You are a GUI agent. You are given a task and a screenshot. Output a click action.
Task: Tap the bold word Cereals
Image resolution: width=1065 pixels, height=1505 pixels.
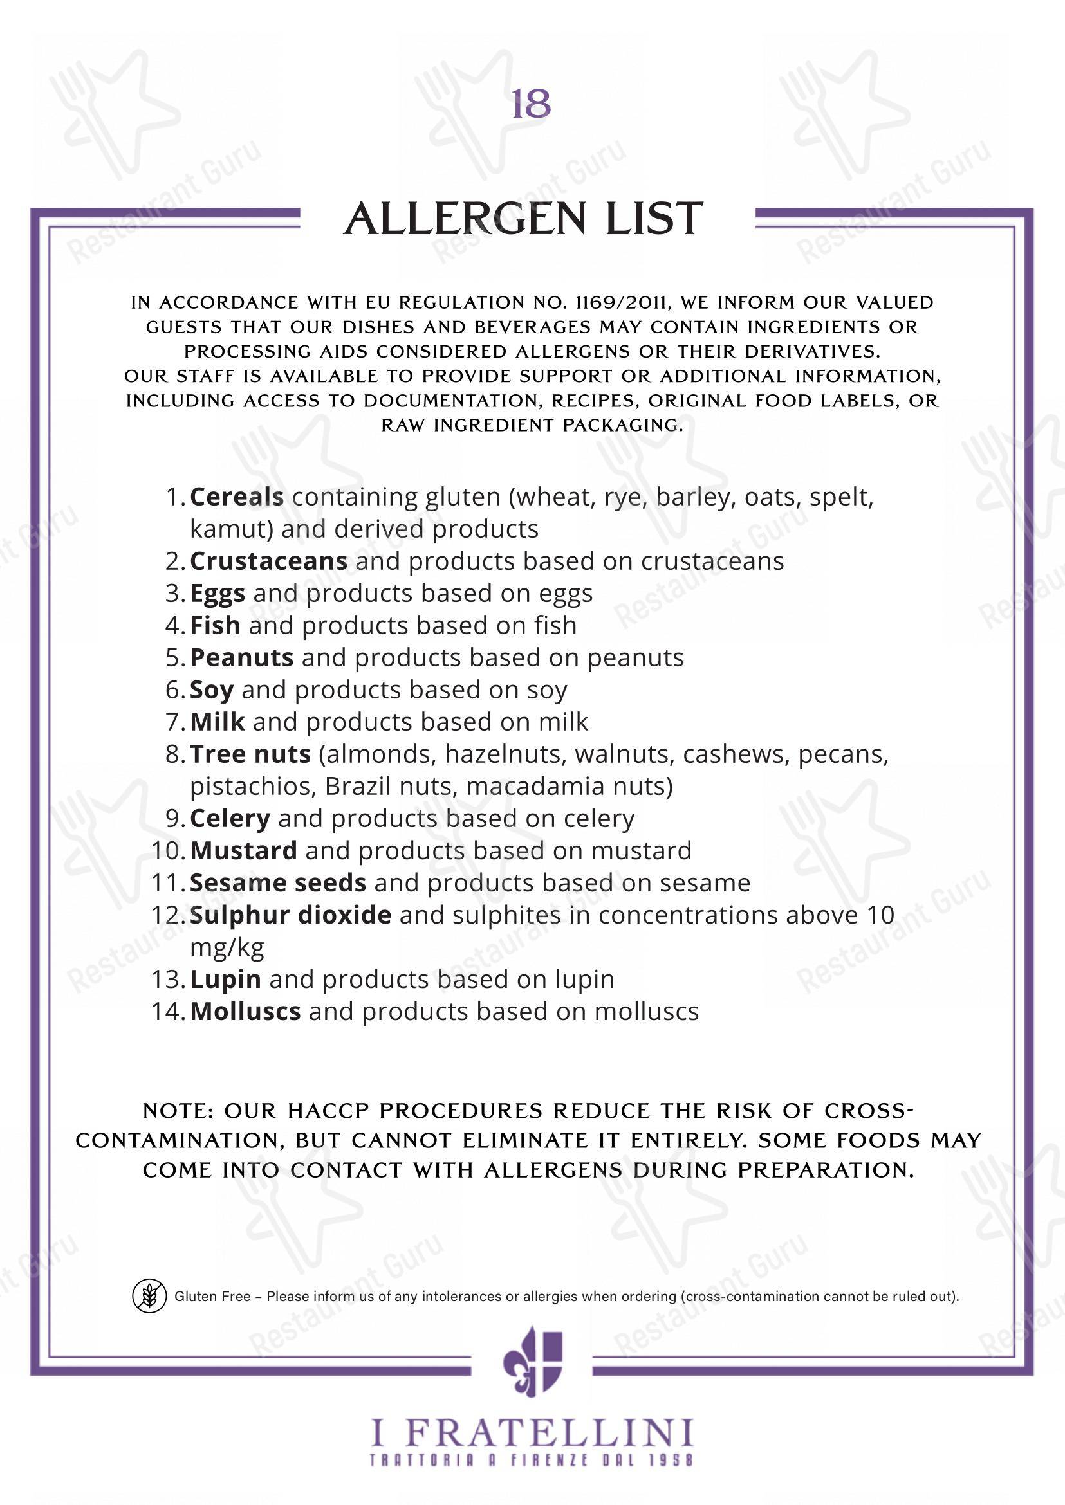point(237,498)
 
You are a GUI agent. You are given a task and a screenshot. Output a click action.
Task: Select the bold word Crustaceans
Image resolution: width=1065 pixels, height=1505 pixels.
point(268,561)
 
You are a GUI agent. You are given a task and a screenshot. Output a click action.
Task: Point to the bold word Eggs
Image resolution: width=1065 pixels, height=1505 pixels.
point(217,594)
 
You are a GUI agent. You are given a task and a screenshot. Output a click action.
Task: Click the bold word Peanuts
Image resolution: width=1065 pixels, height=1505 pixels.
point(241,658)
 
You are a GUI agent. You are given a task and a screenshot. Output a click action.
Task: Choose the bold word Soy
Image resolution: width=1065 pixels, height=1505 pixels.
point(211,690)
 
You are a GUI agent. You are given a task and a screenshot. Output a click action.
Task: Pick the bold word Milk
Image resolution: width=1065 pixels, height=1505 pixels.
point(217,722)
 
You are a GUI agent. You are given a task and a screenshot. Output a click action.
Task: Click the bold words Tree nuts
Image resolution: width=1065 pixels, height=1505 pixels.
point(250,754)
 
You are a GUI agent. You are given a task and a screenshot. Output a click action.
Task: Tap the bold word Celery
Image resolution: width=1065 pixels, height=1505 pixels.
point(230,819)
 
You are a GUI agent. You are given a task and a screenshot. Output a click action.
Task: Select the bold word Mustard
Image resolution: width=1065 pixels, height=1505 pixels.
point(243,851)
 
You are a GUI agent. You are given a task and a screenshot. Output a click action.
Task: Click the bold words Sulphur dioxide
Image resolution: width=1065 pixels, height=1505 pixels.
point(290,915)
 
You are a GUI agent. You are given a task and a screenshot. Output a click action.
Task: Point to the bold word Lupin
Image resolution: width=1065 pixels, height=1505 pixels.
point(225,980)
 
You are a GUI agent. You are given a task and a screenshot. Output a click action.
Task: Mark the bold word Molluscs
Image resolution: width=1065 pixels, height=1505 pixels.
point(245,1012)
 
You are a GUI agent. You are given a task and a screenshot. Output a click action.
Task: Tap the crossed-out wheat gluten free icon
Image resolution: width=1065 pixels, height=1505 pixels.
point(149,1296)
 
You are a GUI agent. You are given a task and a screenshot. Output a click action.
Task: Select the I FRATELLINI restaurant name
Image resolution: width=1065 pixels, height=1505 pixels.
point(532,1433)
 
